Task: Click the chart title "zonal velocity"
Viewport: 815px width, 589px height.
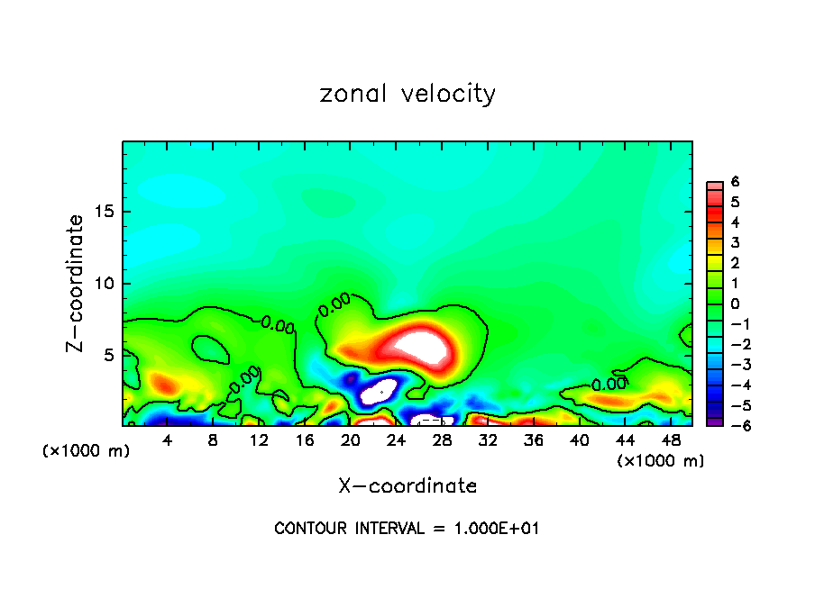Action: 407,94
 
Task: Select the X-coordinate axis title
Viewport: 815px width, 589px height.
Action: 407,485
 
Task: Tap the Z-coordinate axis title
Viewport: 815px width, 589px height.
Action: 76,283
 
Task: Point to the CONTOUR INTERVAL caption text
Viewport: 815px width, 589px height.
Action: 407,529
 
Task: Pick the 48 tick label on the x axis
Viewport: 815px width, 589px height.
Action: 672,441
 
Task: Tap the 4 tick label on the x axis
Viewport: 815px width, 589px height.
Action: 168,441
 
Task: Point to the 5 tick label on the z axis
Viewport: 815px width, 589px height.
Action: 109,355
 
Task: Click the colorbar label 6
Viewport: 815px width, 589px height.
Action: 735,182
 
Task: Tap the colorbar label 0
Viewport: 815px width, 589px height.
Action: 735,304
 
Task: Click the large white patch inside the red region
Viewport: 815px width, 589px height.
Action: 422,345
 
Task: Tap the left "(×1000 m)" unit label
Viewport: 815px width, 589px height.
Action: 86,451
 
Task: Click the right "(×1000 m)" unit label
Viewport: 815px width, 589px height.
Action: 661,461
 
